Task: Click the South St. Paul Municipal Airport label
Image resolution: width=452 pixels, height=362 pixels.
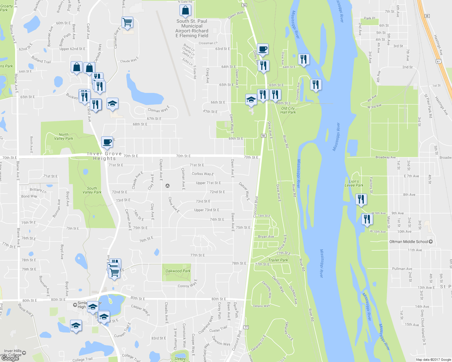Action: pos(192,28)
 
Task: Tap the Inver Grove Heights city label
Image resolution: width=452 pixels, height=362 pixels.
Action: pos(105,156)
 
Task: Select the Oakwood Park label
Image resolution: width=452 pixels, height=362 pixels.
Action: pos(178,271)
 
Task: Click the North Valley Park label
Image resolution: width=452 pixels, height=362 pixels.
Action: pos(63,137)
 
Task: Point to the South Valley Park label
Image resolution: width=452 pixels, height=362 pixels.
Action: pos(92,190)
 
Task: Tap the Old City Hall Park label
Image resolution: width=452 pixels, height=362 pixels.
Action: pos(288,110)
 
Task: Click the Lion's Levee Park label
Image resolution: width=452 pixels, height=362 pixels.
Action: pos(354,183)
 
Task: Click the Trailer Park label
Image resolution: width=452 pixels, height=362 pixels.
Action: pos(278,260)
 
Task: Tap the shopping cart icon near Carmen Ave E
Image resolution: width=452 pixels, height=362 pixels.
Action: pos(127,22)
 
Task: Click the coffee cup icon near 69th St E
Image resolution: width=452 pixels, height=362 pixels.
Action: pos(107,142)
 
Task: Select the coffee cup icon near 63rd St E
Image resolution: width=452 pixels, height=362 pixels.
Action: pos(263,49)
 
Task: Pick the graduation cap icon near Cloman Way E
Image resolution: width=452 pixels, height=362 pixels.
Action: pos(112,103)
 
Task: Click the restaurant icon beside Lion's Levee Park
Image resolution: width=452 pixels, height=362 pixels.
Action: pos(361,199)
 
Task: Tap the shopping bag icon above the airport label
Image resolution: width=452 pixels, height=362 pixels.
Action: pos(185,11)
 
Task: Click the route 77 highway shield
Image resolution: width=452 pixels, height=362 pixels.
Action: pos(246,327)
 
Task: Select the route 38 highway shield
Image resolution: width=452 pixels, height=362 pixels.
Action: pos(427,16)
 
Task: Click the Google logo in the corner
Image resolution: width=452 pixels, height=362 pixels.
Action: pos(10,358)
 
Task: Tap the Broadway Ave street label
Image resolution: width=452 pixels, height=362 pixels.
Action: pos(385,157)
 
